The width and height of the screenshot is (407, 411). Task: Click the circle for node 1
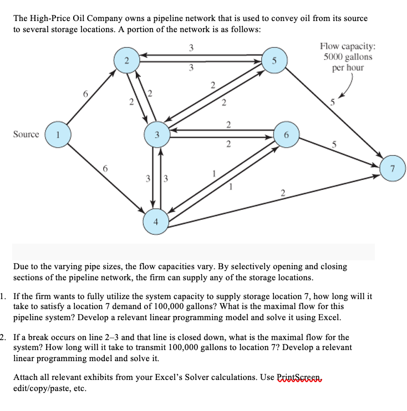(x=58, y=135)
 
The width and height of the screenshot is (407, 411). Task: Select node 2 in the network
(x=127, y=60)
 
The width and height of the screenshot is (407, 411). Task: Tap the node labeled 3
(x=157, y=135)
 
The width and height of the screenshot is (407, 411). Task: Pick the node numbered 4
(x=156, y=222)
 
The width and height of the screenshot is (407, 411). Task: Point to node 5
(x=274, y=60)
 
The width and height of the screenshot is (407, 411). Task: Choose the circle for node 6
(x=286, y=135)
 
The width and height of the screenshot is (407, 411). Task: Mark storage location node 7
(x=393, y=168)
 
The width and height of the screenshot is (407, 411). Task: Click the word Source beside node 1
(x=26, y=134)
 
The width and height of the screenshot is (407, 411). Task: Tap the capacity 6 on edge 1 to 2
(x=85, y=94)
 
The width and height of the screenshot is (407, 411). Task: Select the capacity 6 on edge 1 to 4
(x=105, y=168)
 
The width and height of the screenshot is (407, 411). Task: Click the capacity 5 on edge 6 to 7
(x=334, y=144)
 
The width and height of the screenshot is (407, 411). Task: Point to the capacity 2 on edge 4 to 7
(x=283, y=193)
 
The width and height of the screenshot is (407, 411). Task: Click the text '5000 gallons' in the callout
(x=348, y=56)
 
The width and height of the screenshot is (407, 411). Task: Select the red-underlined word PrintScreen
(x=299, y=377)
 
